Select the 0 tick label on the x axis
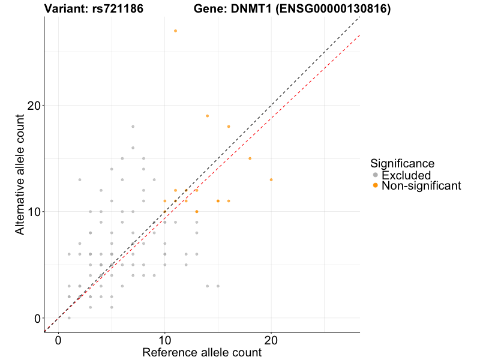(58, 340)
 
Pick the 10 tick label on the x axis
(164, 340)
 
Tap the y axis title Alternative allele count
(20, 174)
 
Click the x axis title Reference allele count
(202, 352)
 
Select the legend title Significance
(402, 163)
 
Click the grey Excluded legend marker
(376, 175)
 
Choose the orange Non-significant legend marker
(376, 186)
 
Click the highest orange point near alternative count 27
(175, 31)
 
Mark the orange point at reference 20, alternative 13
(271, 180)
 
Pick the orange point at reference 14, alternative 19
(207, 116)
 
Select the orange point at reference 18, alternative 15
(250, 158)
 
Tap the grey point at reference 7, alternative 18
(133, 127)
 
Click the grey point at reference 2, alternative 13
(80, 180)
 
